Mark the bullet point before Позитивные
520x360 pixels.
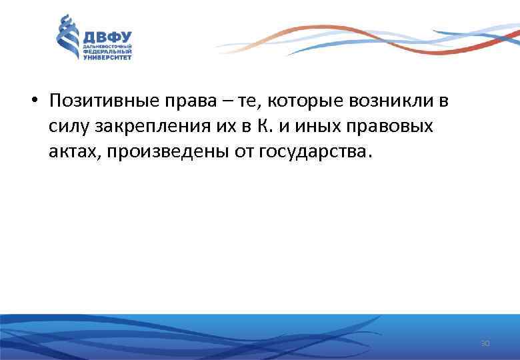33,102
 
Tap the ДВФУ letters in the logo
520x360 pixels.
107,37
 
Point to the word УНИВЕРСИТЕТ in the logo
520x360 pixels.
107,58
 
